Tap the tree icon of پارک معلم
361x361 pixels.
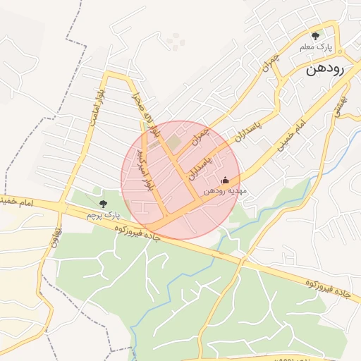pos(315,35)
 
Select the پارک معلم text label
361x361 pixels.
pos(315,47)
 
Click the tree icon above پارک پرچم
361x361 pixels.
pos(104,203)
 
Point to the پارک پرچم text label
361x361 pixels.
pos(99,214)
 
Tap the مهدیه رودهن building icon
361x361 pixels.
pos(225,180)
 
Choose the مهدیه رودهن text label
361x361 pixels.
pos(225,191)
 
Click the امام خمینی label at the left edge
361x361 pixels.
pos(13,202)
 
